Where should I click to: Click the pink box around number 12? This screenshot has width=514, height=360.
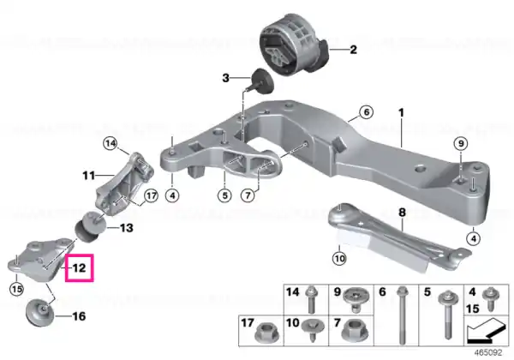[x=66, y=268]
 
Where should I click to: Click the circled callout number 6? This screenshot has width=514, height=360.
[x=366, y=112]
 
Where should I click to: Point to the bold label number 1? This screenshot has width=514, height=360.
[x=401, y=113]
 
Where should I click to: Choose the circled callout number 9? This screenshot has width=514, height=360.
[x=461, y=144]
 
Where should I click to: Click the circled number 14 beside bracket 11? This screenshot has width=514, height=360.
[x=111, y=143]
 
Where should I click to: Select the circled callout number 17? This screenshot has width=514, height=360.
[x=151, y=196]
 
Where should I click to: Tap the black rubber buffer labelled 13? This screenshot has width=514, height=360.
[x=91, y=227]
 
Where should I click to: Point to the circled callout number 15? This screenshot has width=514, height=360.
[x=16, y=289]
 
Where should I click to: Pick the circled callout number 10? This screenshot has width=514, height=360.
[x=339, y=259]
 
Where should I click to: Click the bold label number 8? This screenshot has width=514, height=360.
[x=402, y=213]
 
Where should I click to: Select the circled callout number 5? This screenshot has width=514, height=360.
[x=224, y=195]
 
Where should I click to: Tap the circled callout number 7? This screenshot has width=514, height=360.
[x=248, y=195]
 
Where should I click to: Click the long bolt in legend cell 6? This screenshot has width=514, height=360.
[x=402, y=315]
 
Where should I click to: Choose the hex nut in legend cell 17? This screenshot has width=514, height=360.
[x=266, y=333]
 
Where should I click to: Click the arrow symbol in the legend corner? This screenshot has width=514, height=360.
[x=486, y=332]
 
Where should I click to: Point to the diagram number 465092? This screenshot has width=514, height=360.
[x=488, y=352]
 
